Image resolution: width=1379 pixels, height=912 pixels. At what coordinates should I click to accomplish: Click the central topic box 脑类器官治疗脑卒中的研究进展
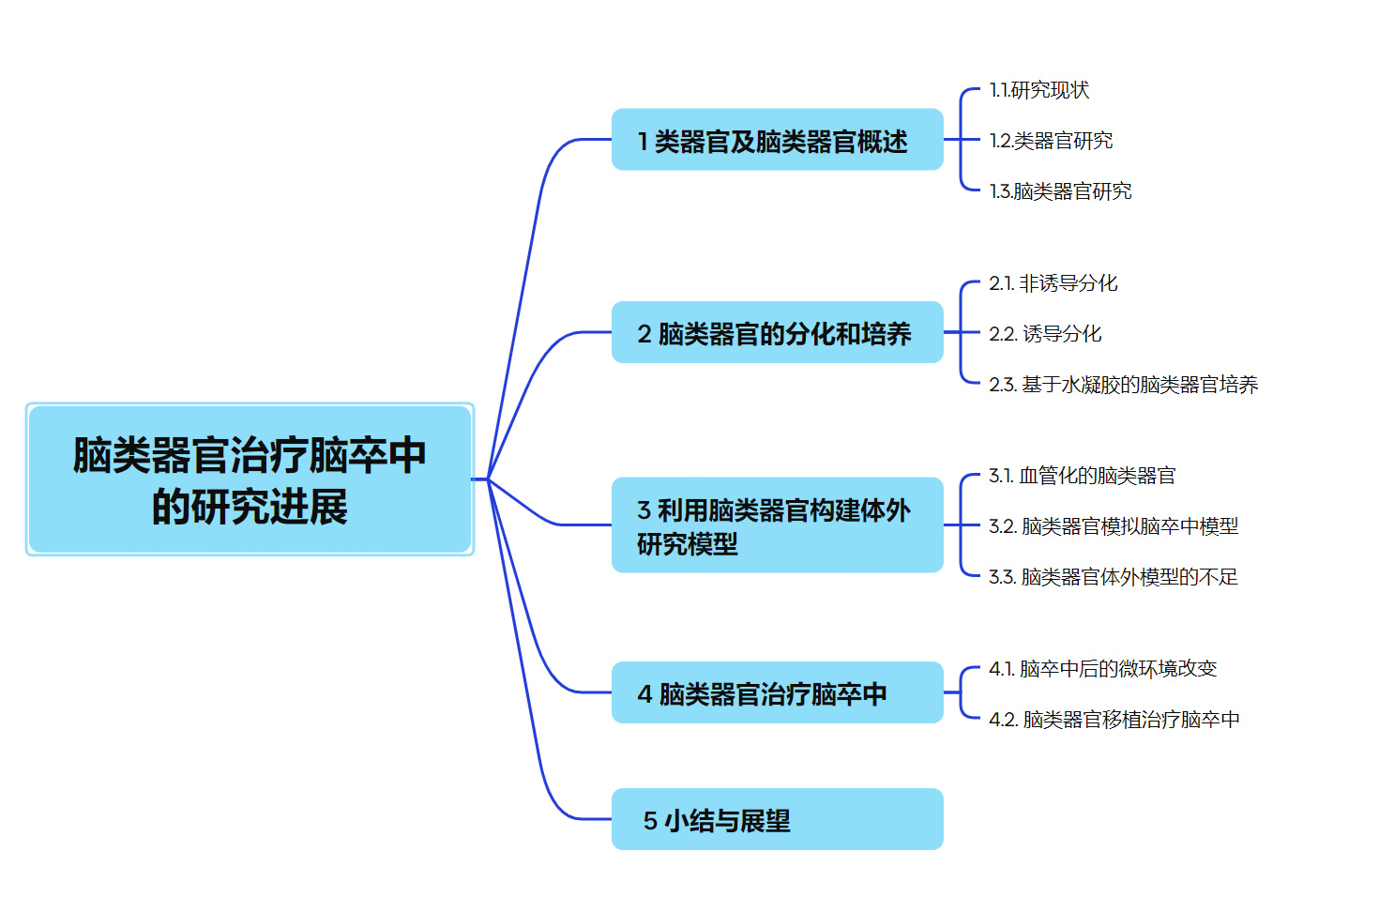click(250, 479)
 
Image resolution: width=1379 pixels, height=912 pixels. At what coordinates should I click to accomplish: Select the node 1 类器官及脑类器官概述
click(777, 140)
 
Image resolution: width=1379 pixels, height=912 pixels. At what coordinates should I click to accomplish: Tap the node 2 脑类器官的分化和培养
click(777, 332)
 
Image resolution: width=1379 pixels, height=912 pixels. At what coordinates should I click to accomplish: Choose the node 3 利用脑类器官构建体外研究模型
click(777, 525)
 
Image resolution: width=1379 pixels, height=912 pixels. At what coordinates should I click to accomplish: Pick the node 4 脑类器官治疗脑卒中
click(777, 692)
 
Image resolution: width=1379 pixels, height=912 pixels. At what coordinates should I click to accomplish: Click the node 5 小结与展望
click(777, 819)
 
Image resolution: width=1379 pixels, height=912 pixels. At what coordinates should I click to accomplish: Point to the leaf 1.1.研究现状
click(1039, 90)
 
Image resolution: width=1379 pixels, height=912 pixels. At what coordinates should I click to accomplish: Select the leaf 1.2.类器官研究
click(1051, 141)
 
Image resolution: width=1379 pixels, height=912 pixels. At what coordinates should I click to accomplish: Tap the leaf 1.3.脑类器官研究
click(1060, 191)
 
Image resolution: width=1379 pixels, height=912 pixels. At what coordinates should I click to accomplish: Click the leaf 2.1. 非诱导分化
click(1053, 283)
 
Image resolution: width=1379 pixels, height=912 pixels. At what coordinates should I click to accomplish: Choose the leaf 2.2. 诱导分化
click(1045, 334)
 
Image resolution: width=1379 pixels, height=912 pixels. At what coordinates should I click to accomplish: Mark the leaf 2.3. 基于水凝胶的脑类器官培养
click(1123, 385)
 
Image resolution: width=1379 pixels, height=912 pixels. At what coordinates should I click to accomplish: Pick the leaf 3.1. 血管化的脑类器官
click(1082, 476)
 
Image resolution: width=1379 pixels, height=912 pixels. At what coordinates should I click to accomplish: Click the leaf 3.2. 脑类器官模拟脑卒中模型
click(1113, 526)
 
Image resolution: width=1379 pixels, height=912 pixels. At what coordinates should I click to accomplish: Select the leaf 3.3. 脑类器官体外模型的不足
click(1113, 577)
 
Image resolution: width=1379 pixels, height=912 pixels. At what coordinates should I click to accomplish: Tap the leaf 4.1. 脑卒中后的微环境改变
click(1102, 669)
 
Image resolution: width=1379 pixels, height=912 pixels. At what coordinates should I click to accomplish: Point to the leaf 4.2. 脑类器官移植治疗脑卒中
click(1114, 720)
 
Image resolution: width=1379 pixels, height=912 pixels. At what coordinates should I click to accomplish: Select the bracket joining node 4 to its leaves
click(961, 692)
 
